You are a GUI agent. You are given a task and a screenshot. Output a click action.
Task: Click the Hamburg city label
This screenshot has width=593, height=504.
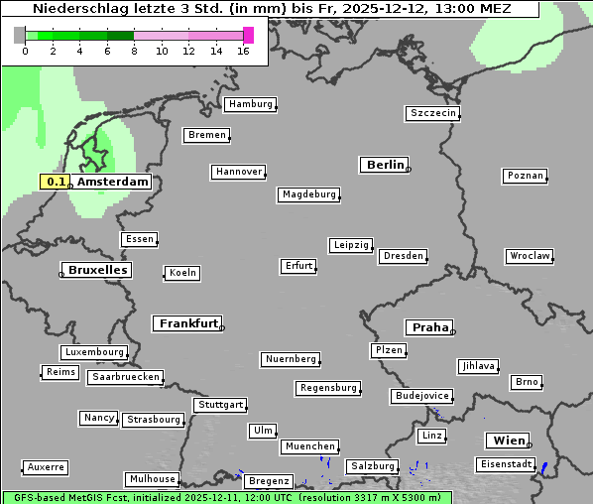[x=250, y=104]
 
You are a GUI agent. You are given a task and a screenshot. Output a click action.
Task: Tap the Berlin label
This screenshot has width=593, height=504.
[x=385, y=165]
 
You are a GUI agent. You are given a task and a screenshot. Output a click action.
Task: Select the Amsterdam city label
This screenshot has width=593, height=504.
[x=112, y=182]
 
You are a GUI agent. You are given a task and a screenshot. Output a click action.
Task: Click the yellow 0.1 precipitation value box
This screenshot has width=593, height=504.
[x=56, y=182]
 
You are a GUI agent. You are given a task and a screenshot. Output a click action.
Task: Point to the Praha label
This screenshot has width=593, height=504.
[x=429, y=327]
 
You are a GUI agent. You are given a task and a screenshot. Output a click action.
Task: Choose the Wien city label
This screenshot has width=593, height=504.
[x=508, y=441]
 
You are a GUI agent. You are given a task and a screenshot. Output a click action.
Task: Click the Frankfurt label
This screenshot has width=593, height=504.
[x=187, y=323]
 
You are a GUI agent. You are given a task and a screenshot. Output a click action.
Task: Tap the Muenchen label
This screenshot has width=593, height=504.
[x=309, y=446]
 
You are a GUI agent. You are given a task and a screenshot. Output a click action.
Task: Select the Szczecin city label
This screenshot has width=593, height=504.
[x=433, y=113]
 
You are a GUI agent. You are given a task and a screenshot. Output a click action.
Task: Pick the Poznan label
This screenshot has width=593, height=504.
[x=526, y=176]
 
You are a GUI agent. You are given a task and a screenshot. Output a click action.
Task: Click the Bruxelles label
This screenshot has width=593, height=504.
[x=96, y=270]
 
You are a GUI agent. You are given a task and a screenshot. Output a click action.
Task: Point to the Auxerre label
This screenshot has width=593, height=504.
[x=46, y=466]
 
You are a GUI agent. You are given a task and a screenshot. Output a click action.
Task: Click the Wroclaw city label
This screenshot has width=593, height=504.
[x=529, y=256]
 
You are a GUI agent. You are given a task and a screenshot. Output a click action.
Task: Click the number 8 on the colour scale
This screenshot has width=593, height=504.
[x=134, y=52]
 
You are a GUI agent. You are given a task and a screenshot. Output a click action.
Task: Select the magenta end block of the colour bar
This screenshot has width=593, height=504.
[x=248, y=35]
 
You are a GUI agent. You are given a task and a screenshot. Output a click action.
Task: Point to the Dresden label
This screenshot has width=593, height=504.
[x=403, y=256]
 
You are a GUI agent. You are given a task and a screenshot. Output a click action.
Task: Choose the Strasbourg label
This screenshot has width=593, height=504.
[x=154, y=420]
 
